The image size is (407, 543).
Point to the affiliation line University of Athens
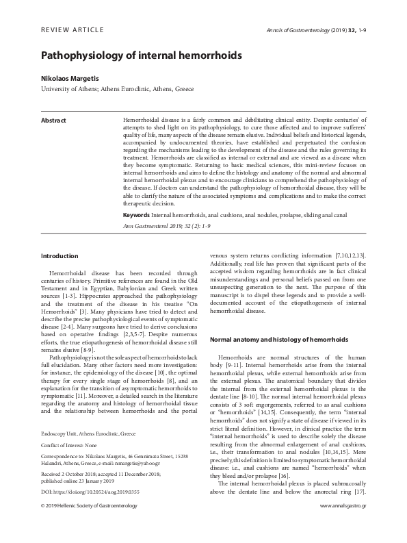pos(118,90)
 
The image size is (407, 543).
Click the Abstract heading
pos(54,120)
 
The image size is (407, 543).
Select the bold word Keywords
pos(136,196)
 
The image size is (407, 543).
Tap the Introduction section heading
pos(60,256)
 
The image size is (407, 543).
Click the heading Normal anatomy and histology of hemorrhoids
pos(279,339)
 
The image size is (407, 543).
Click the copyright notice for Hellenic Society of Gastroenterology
pos(90,525)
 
